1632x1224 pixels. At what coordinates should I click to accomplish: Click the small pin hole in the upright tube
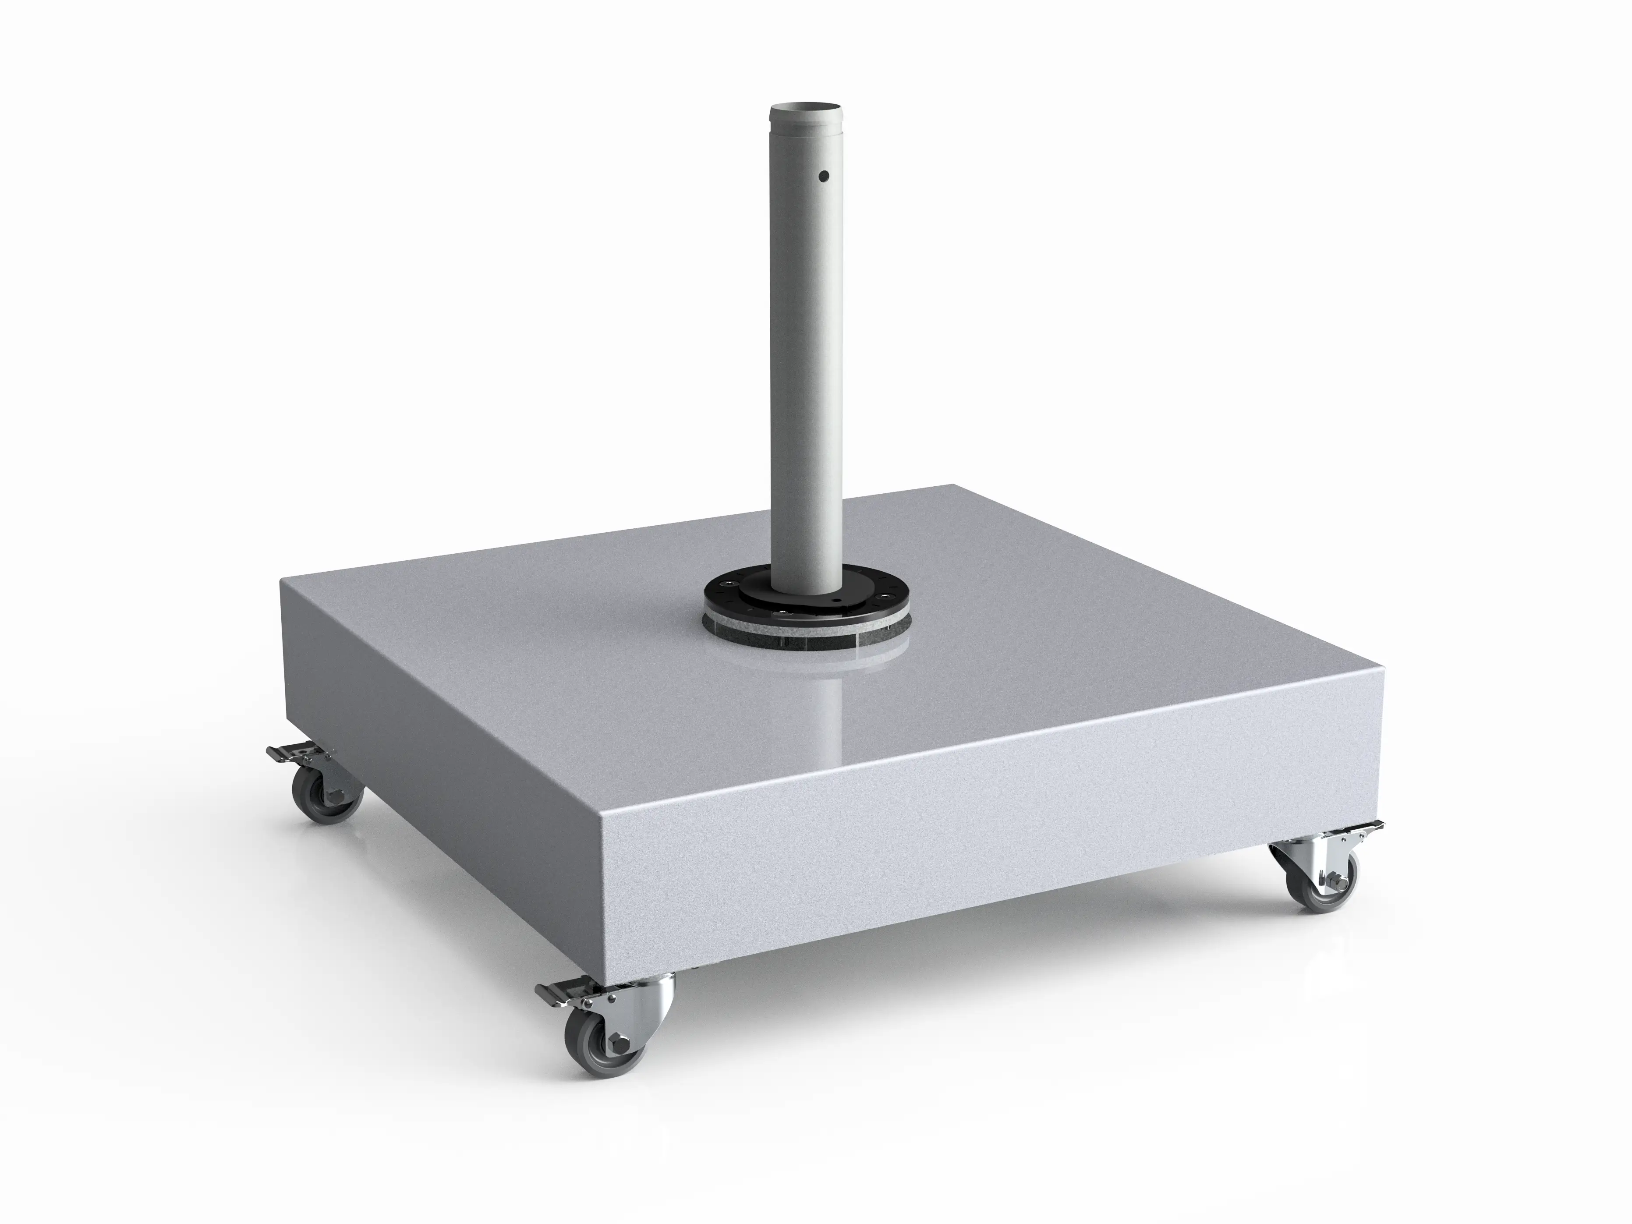click(825, 177)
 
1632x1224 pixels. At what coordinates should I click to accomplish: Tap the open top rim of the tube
click(807, 109)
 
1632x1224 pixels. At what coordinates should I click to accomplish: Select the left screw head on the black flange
click(729, 584)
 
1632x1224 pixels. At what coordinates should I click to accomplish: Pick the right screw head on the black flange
click(885, 596)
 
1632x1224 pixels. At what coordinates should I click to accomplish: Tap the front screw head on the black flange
click(783, 612)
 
